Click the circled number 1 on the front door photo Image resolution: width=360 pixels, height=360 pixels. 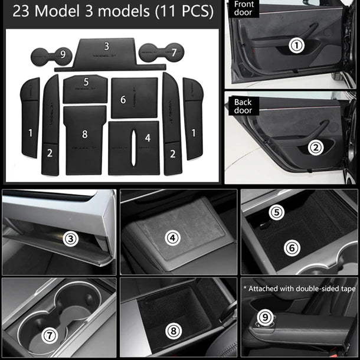[297, 44]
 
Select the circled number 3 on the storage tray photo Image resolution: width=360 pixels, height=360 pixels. [71, 239]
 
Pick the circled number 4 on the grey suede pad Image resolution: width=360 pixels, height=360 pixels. [172, 238]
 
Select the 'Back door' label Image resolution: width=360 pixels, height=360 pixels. [243, 106]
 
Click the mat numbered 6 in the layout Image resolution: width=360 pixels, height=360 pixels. [134, 98]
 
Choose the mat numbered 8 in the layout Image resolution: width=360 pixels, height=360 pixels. [84, 139]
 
